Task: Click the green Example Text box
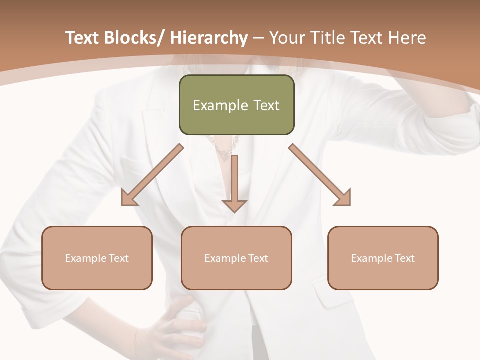pyautogui.click(x=236, y=105)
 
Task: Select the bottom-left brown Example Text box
pyautogui.click(x=97, y=258)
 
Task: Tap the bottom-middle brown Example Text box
pyautogui.click(x=236, y=258)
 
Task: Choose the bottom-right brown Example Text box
pyautogui.click(x=383, y=258)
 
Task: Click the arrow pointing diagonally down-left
pyautogui.click(x=152, y=175)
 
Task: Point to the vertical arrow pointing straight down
pyautogui.click(x=235, y=182)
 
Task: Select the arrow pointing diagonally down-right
pyautogui.click(x=320, y=175)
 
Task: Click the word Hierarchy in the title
pyautogui.click(x=208, y=38)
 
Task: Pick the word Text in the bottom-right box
pyautogui.click(x=404, y=258)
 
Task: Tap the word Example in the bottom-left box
pyautogui.click(x=86, y=258)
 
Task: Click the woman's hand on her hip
pyautogui.click(x=175, y=325)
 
